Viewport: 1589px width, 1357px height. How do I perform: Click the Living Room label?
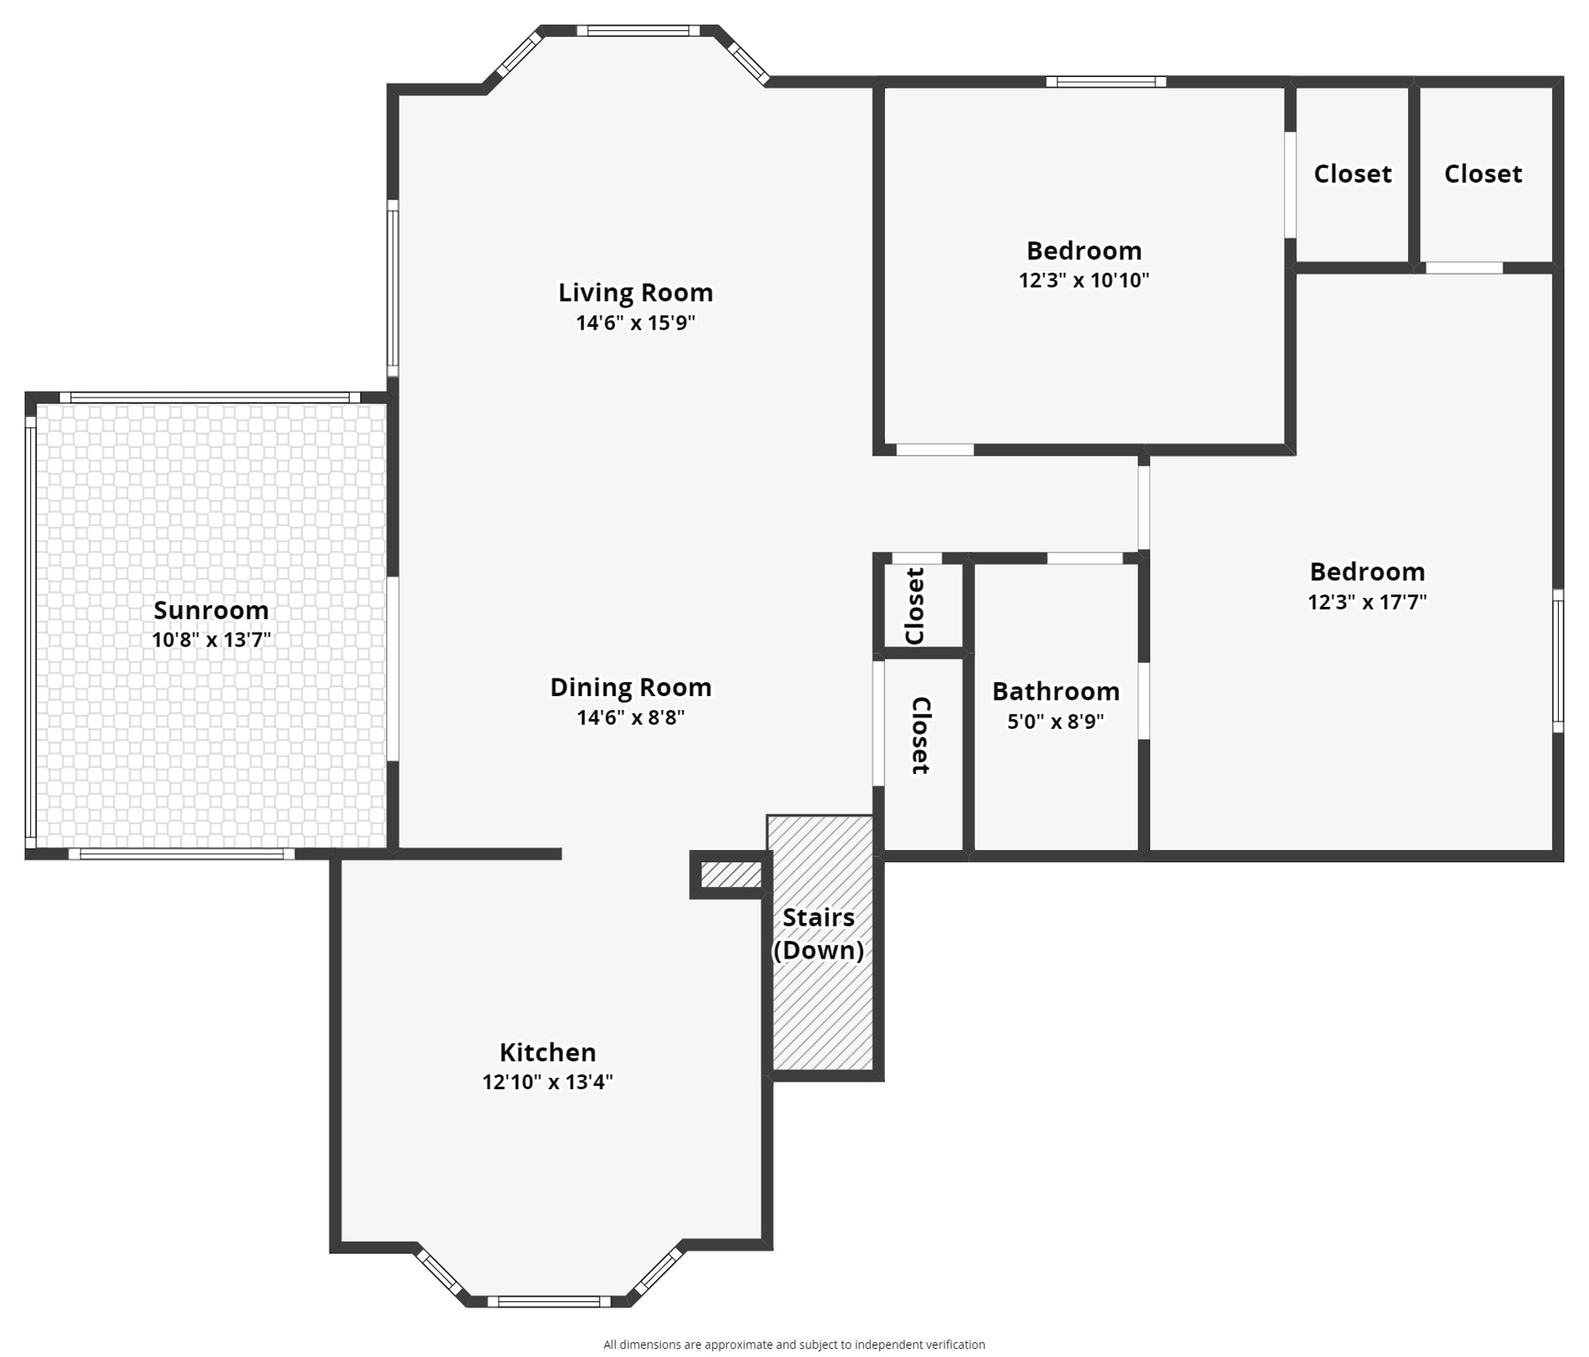pyautogui.click(x=635, y=292)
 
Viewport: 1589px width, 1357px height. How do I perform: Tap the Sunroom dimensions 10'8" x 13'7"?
pyautogui.click(x=211, y=640)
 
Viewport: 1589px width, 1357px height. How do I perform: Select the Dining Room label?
pyautogui.click(x=631, y=687)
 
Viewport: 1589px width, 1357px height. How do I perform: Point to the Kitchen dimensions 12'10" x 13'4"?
pyautogui.click(x=548, y=1082)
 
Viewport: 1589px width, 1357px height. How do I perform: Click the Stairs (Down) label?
pyautogui.click(x=819, y=934)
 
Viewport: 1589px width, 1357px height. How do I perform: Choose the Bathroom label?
pyautogui.click(x=1056, y=691)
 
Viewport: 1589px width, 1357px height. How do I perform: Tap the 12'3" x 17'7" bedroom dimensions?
pyautogui.click(x=1367, y=603)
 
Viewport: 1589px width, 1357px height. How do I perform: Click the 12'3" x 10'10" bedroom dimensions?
pyautogui.click(x=1084, y=281)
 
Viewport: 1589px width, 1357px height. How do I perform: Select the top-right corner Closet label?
pyautogui.click(x=1483, y=174)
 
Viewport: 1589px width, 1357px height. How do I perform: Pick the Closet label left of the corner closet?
pyautogui.click(x=1352, y=174)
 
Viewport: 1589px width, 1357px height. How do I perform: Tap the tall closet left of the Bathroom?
pyautogui.click(x=922, y=751)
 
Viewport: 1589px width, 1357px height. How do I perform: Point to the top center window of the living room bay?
pyautogui.click(x=638, y=31)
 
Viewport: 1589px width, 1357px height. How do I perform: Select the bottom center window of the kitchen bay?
pyautogui.click(x=549, y=1300)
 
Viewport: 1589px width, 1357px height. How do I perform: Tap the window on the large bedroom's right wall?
pyautogui.click(x=1558, y=661)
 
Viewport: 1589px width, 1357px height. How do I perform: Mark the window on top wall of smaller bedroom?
pyautogui.click(x=1106, y=82)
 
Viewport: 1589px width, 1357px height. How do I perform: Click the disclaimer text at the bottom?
pyautogui.click(x=794, y=1344)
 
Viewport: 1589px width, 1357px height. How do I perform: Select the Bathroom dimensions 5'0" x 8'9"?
pyautogui.click(x=1056, y=722)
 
